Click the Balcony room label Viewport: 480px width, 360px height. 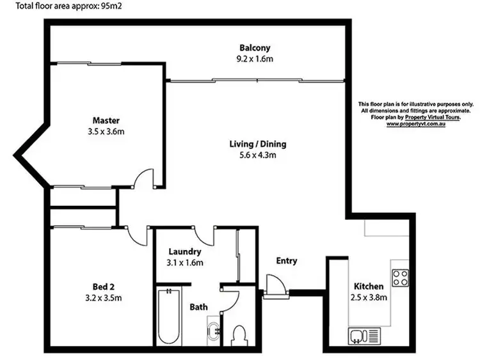tap(255, 47)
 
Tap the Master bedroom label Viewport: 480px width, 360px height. tap(106, 120)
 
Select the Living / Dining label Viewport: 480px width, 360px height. tap(258, 144)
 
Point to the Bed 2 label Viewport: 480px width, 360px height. tap(103, 286)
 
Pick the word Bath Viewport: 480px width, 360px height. tap(198, 307)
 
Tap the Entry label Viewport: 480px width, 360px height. tap(286, 261)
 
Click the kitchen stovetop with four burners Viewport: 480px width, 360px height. tap(400, 278)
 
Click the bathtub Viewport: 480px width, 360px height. tap(168, 318)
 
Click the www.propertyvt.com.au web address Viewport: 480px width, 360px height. tap(415, 123)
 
